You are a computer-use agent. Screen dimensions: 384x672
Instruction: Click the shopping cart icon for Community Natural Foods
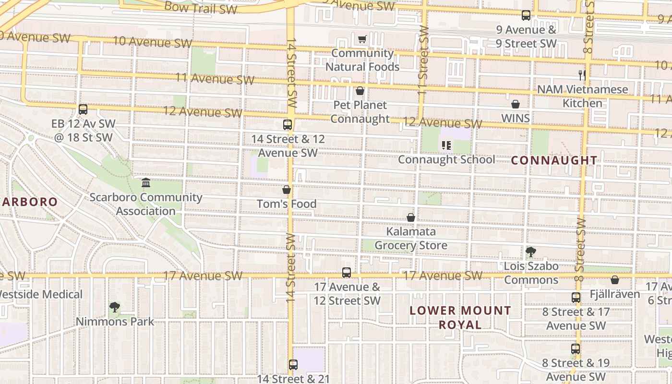pyautogui.click(x=362, y=39)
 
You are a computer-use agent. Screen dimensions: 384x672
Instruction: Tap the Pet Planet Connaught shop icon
pyautogui.click(x=360, y=91)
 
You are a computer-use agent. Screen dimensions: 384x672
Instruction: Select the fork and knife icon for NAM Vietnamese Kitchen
pyautogui.click(x=582, y=75)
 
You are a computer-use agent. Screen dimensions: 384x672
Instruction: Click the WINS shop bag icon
pyautogui.click(x=516, y=104)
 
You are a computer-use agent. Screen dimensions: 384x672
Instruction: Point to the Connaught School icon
pyautogui.click(x=446, y=145)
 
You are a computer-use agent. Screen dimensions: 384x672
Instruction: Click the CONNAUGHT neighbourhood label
pyautogui.click(x=554, y=160)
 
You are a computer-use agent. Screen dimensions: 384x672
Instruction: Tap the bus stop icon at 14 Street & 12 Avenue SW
pyautogui.click(x=288, y=125)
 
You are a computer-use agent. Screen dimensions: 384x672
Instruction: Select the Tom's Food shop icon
pyautogui.click(x=287, y=190)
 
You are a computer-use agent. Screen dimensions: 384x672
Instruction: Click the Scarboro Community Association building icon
pyautogui.click(x=146, y=183)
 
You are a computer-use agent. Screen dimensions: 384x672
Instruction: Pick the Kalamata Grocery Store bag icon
pyautogui.click(x=411, y=217)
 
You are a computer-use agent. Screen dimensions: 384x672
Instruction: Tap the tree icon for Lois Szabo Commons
pyautogui.click(x=530, y=252)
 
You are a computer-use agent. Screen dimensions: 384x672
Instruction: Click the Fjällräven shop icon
pyautogui.click(x=615, y=280)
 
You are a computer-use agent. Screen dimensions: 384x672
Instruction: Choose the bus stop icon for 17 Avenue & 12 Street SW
pyautogui.click(x=347, y=273)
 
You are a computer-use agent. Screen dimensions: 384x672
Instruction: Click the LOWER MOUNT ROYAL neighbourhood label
pyautogui.click(x=460, y=317)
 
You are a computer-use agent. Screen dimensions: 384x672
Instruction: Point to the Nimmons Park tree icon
pyautogui.click(x=114, y=307)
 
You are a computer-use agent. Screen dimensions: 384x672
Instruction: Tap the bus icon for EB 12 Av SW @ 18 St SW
pyautogui.click(x=83, y=109)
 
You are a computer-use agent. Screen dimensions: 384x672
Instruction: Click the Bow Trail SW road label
pyautogui.click(x=201, y=7)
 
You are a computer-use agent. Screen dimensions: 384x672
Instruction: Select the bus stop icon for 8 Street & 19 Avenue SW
pyautogui.click(x=576, y=349)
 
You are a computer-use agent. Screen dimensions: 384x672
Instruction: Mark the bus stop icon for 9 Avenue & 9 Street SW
pyautogui.click(x=526, y=15)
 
